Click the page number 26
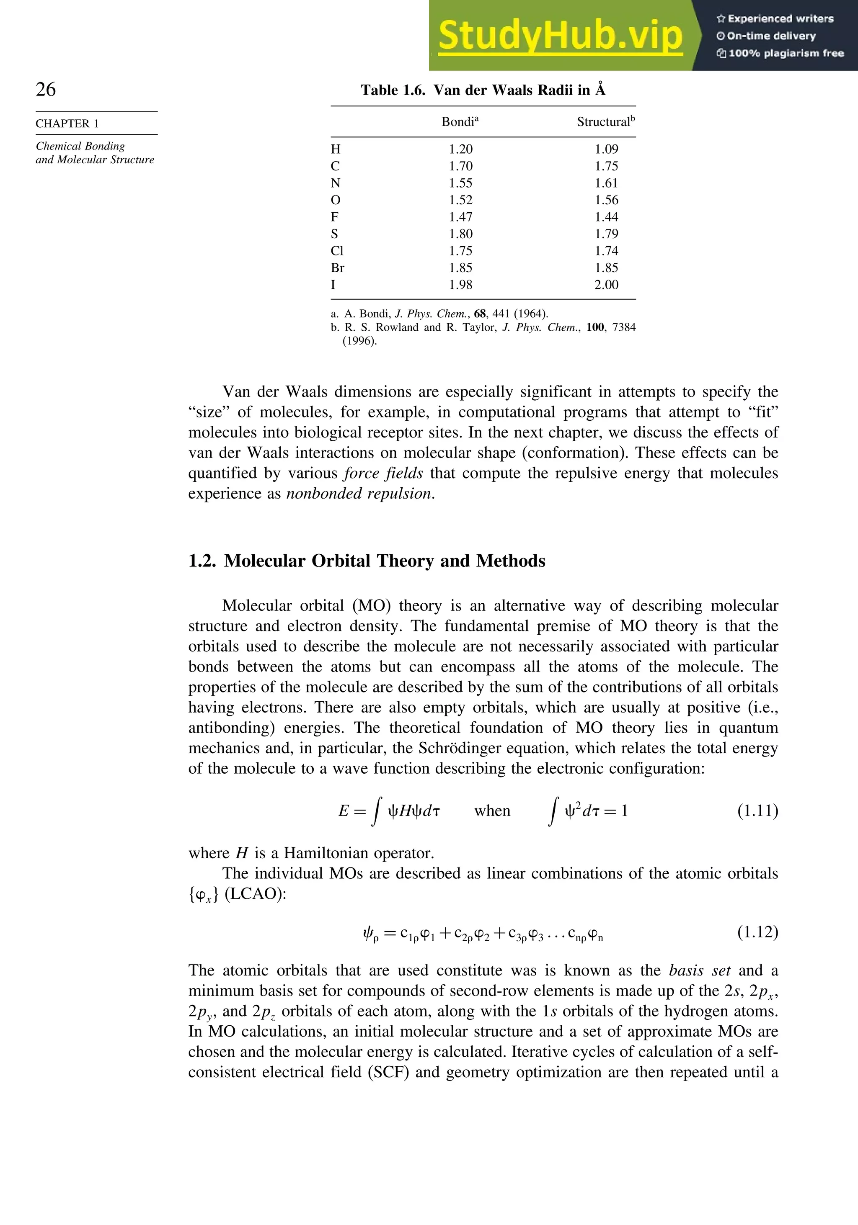(46, 89)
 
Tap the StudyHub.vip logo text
(560, 36)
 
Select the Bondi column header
(460, 122)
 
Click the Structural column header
(605, 122)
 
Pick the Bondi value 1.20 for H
(461, 149)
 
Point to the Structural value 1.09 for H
(607, 149)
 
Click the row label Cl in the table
(337, 251)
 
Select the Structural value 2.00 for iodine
(607, 285)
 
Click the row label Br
(337, 268)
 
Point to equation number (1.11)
(757, 811)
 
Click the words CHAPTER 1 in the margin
(67, 124)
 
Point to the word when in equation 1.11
(492, 811)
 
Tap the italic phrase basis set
(699, 970)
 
